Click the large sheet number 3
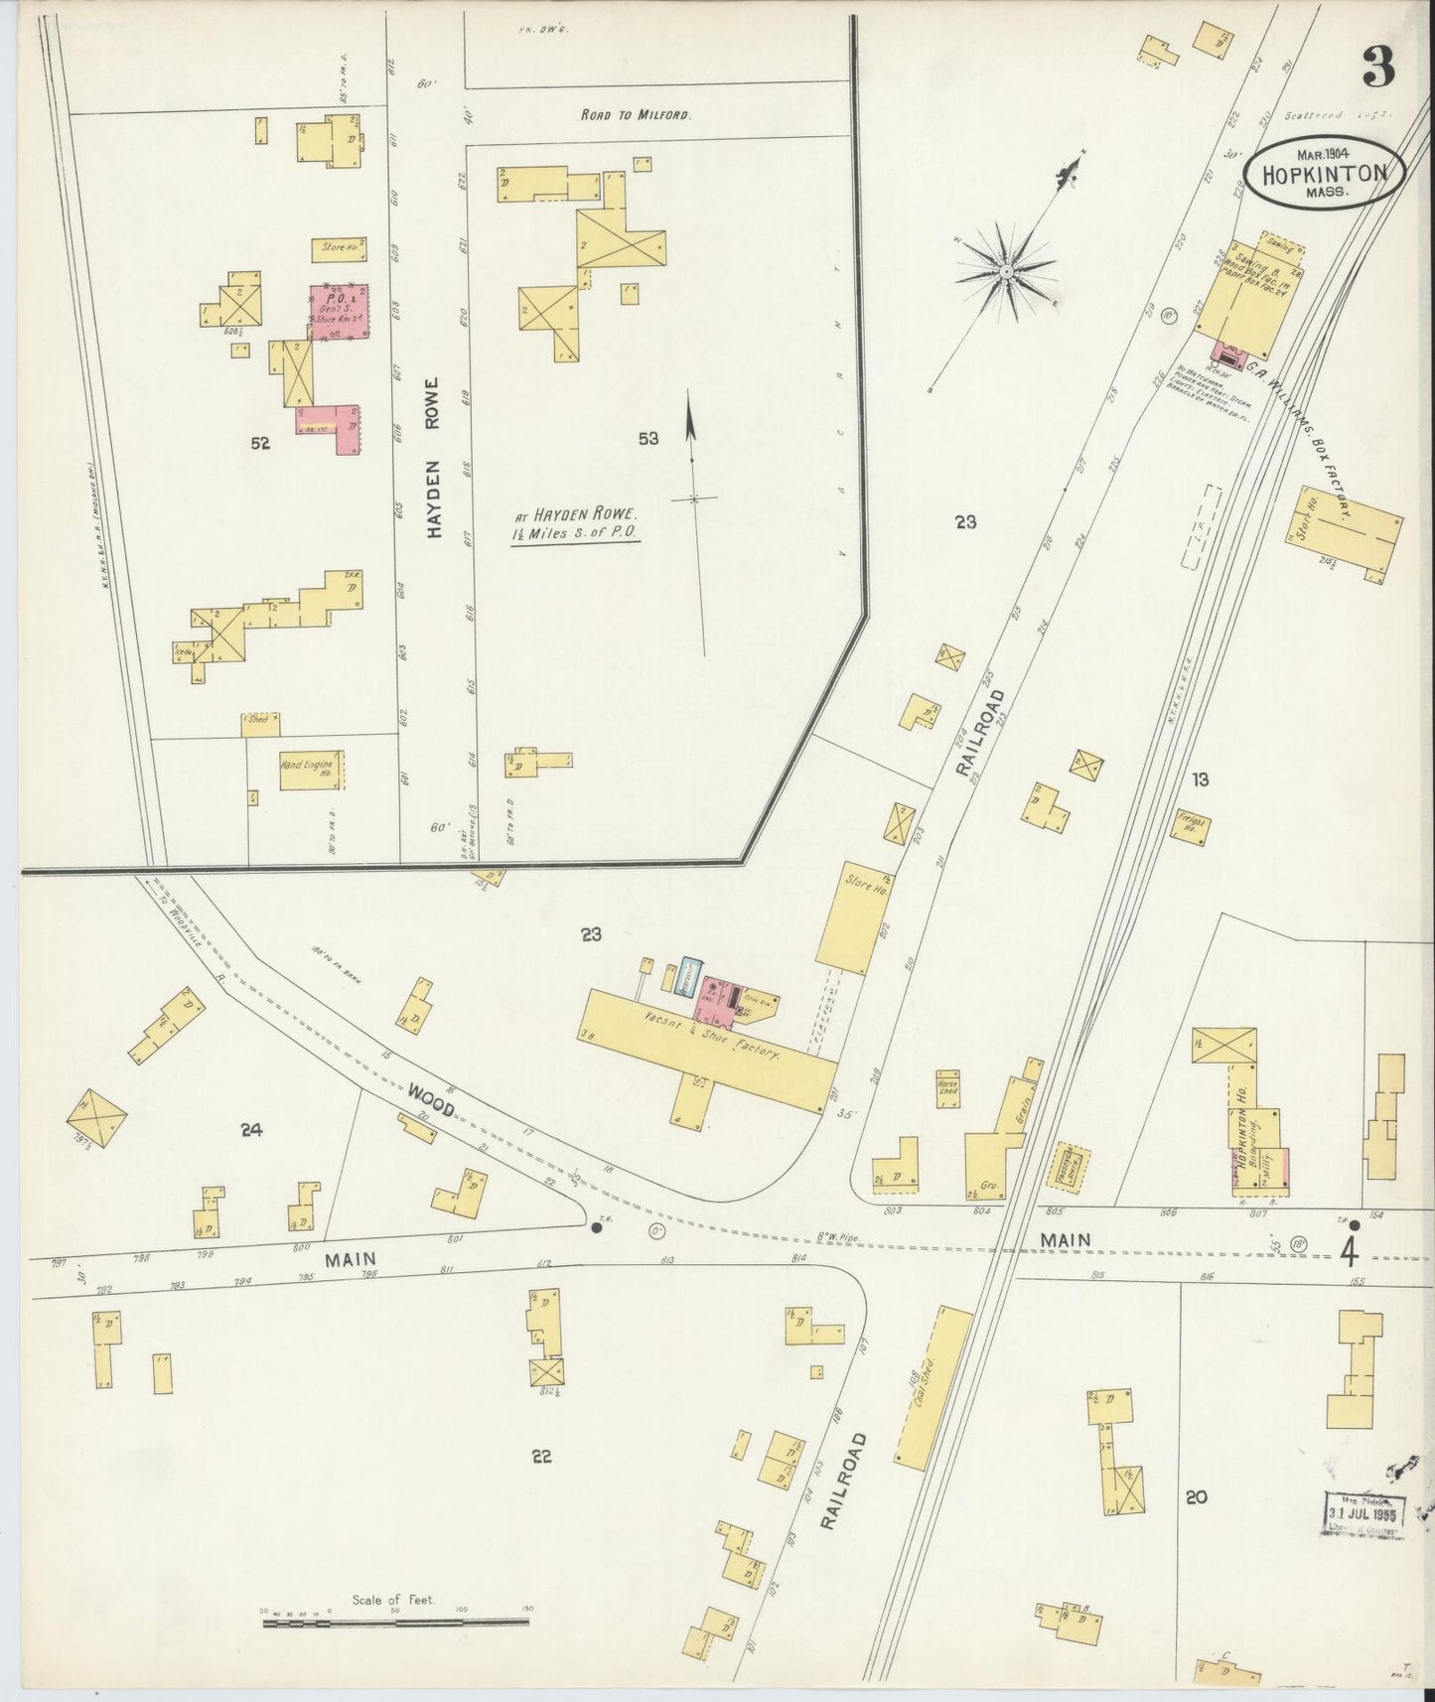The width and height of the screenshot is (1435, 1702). (x=1378, y=68)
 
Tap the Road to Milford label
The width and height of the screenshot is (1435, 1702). (x=636, y=115)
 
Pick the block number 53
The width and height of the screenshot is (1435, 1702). (x=647, y=438)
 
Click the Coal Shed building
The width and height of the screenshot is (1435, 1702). (x=933, y=1386)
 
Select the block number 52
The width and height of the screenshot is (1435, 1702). (x=260, y=444)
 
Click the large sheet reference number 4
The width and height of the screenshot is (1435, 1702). (x=1348, y=1251)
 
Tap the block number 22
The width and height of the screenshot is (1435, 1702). (x=541, y=1457)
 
